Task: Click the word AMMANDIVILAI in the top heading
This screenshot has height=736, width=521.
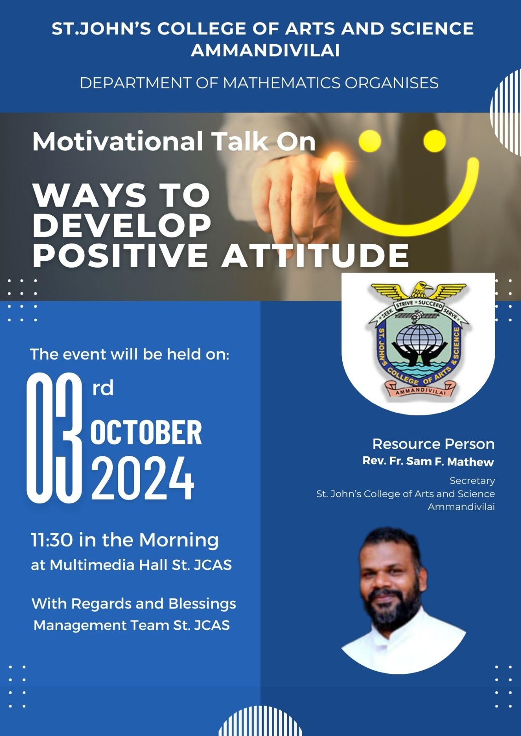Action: [x=265, y=51]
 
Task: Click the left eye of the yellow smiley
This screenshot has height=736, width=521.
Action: [x=369, y=141]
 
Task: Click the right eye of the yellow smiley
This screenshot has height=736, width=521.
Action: [x=434, y=141]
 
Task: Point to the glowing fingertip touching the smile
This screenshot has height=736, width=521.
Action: [x=334, y=161]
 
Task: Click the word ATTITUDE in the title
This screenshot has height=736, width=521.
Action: [x=315, y=255]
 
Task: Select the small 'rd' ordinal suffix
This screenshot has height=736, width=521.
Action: [x=103, y=388]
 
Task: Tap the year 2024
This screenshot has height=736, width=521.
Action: [x=142, y=478]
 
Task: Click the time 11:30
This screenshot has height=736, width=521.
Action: [x=52, y=540]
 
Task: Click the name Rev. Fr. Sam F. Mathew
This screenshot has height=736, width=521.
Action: [x=428, y=461]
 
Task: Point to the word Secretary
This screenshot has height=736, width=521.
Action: [x=472, y=481]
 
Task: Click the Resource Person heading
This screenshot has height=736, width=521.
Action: [x=433, y=444]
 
